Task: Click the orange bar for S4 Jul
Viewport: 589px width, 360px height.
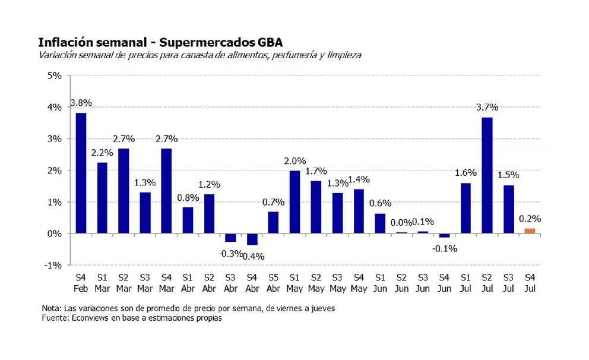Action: (529, 230)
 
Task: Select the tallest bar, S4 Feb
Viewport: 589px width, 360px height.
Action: (81, 173)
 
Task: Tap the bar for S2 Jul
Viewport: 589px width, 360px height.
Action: (487, 175)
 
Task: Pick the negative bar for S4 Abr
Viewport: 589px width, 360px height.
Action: (252, 239)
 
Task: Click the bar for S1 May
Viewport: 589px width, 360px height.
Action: (294, 202)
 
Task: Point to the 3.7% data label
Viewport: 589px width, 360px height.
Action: (487, 108)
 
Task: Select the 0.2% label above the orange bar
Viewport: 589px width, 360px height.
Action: (530, 219)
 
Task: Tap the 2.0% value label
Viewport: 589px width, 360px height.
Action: (294, 161)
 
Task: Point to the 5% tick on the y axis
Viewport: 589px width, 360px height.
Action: (55, 76)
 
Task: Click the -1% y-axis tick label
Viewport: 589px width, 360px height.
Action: (53, 265)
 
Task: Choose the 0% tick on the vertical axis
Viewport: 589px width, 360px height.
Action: (55, 233)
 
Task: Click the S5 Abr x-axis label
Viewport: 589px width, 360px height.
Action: (273, 283)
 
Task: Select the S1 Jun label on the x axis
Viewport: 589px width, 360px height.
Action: (380, 283)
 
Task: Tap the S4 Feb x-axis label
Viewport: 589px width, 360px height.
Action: (81, 283)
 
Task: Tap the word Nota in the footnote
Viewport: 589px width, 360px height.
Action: (51, 309)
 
